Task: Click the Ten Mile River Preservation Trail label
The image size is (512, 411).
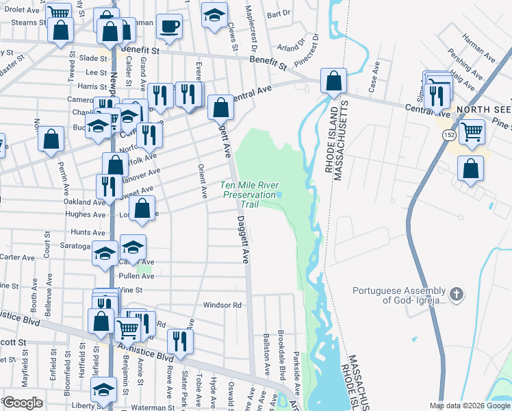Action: [x=250, y=195]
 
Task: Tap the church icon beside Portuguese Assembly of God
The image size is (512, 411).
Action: [x=457, y=295]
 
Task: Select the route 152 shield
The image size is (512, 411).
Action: [x=447, y=135]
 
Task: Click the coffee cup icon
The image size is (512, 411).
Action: [x=169, y=27]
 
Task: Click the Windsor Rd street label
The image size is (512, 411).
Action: [x=222, y=305]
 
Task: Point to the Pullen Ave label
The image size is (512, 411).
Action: [x=136, y=276]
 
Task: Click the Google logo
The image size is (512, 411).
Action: [x=23, y=403]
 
